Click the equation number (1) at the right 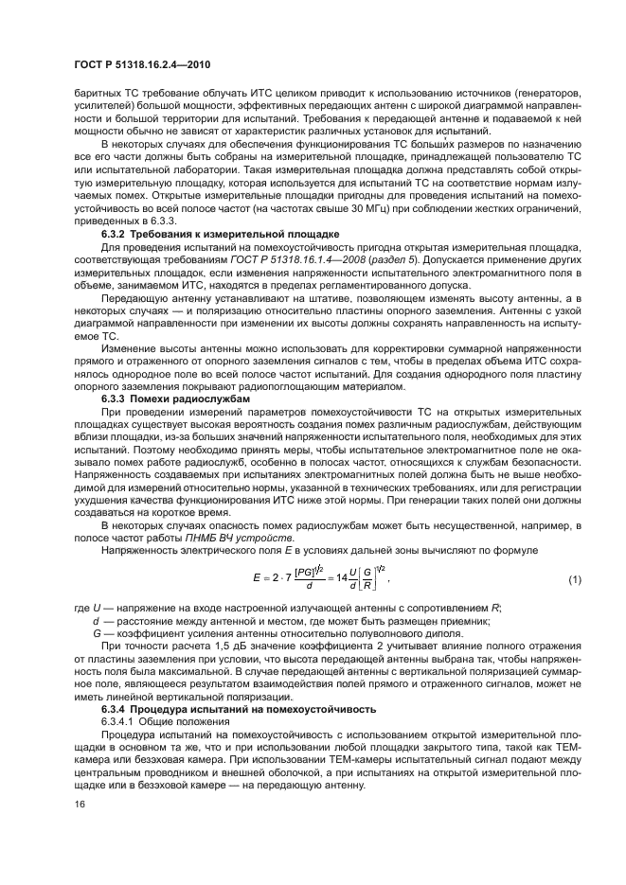pos(573,578)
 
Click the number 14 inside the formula pos(342,578)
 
